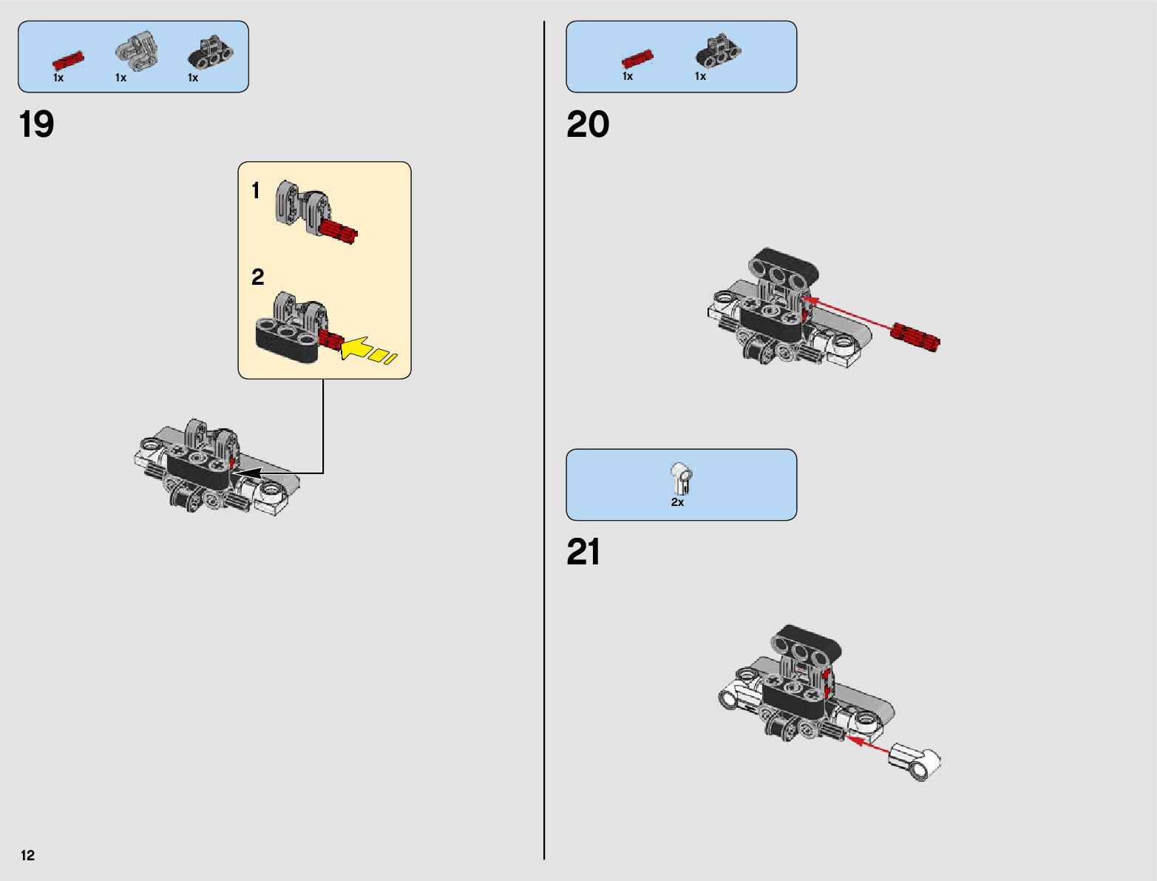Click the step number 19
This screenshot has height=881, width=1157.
(x=36, y=124)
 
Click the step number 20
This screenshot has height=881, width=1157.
(x=588, y=124)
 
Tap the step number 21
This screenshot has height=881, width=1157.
(x=583, y=552)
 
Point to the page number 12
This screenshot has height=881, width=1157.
(x=28, y=855)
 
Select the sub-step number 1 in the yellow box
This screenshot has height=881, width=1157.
(x=256, y=191)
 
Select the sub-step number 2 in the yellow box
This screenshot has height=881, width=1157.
(x=257, y=277)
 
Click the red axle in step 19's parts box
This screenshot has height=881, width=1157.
(x=68, y=61)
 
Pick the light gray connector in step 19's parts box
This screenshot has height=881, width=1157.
(x=137, y=49)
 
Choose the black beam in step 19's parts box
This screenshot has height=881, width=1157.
(x=211, y=52)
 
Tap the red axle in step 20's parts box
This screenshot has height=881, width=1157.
(x=637, y=58)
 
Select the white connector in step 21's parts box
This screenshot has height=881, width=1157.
(x=681, y=478)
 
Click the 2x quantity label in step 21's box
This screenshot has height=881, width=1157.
(x=677, y=502)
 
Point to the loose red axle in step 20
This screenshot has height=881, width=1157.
(x=915, y=337)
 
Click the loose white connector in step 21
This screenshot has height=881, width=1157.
(x=915, y=761)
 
